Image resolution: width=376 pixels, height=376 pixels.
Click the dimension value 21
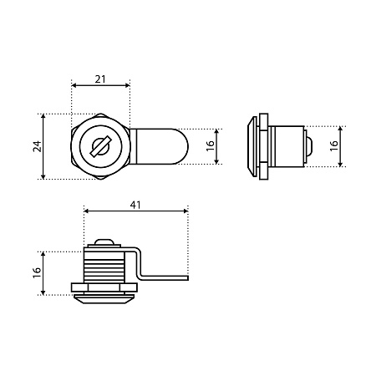100,79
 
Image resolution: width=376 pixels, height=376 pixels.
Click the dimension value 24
37,146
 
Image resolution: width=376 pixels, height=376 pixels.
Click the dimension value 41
135,206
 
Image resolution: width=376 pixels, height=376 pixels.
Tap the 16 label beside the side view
333,146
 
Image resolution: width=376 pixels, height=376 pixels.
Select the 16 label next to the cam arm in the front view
211,146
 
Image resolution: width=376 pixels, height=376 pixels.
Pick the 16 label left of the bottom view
37,273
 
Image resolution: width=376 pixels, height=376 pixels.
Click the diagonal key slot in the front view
100,145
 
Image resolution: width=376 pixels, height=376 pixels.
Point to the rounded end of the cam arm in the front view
182,146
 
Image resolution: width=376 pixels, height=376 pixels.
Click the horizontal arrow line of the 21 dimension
100,85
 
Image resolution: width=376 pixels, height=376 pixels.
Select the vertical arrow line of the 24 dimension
43,146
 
